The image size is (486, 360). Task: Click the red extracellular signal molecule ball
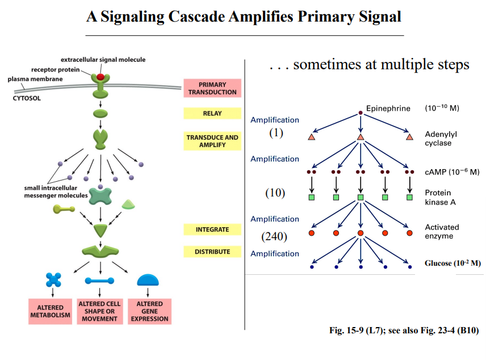pyautogui.click(x=100, y=76)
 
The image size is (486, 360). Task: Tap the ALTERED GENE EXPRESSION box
pyautogui.click(x=149, y=311)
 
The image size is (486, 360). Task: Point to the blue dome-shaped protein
pyautogui.click(x=149, y=279)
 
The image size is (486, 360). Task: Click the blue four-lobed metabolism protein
pyautogui.click(x=53, y=280)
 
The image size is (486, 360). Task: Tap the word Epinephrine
pyautogui.click(x=388, y=108)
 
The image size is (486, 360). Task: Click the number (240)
pyautogui.click(x=275, y=236)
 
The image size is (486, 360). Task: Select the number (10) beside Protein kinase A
pyautogui.click(x=275, y=192)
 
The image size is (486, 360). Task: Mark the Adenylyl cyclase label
pyautogui.click(x=441, y=139)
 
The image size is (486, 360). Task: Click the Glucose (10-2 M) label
pyautogui.click(x=453, y=263)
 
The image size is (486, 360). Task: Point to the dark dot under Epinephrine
pyautogui.click(x=361, y=112)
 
